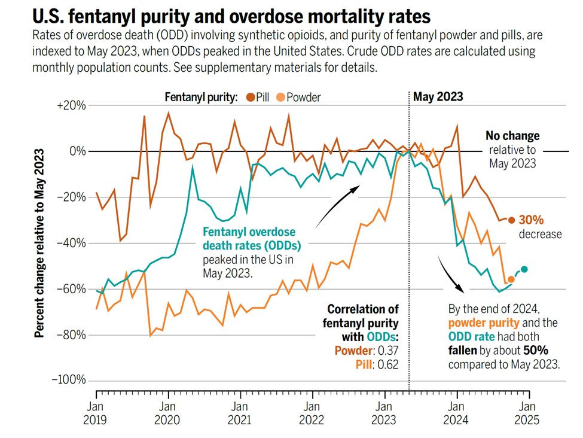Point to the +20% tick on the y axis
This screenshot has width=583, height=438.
72,105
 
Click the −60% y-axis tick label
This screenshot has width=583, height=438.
71,288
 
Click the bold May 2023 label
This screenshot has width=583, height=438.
438,96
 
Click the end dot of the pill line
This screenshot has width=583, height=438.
511,220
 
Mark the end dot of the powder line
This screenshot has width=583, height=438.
511,279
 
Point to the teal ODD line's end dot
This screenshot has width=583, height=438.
524,269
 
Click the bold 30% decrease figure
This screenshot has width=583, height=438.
531,220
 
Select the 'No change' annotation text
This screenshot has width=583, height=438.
512,136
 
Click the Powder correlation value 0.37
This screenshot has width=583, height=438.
388,351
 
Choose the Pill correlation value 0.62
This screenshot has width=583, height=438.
388,364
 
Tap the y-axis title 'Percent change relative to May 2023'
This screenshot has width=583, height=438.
39,244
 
